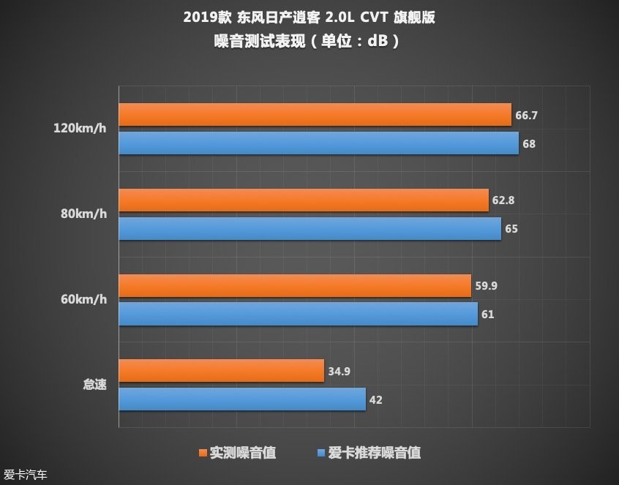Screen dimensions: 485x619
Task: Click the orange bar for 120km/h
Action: [315, 115]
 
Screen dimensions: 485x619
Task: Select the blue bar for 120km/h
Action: [318, 143]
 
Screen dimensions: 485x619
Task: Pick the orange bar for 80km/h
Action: [304, 200]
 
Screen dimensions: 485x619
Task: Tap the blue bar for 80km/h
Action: [309, 229]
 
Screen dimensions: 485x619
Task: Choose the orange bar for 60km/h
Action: [295, 286]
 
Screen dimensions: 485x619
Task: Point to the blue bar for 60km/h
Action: [298, 315]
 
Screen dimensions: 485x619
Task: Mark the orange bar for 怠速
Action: [221, 371]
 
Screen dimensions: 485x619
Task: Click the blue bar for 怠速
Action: [242, 399]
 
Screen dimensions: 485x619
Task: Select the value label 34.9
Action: [339, 371]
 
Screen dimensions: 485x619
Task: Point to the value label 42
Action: [376, 399]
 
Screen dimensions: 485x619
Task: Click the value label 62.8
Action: [503, 200]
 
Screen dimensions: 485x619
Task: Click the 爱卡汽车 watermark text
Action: [26, 475]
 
